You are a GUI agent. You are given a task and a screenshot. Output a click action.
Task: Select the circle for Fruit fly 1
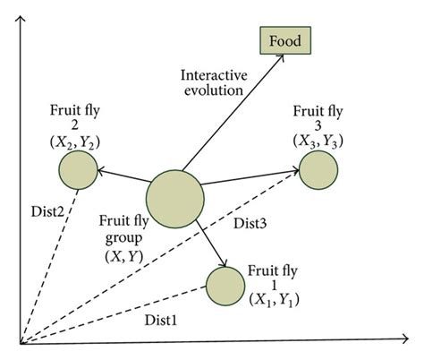(x=225, y=286)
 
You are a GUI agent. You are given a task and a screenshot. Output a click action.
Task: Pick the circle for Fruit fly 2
(x=79, y=168)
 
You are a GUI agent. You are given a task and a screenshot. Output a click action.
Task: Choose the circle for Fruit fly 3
(x=318, y=170)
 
